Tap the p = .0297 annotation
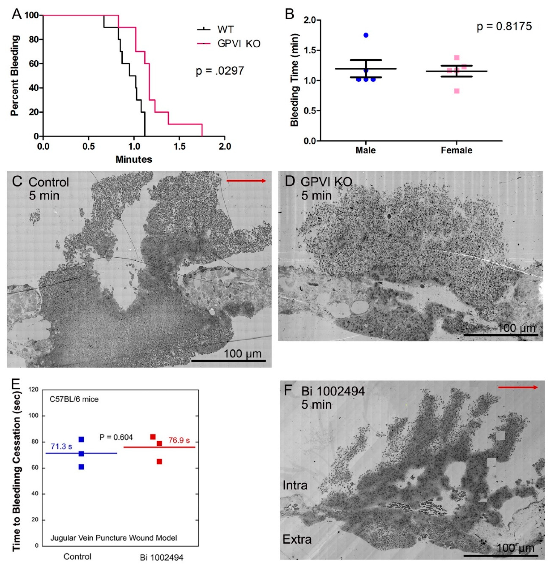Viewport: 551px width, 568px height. (x=220, y=71)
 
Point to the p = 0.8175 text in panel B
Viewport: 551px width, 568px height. (x=504, y=26)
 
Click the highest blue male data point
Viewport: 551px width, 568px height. (x=366, y=35)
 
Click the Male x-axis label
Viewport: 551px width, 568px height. (x=365, y=150)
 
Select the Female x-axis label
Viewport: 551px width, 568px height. (x=457, y=150)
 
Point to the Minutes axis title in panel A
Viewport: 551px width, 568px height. (x=134, y=159)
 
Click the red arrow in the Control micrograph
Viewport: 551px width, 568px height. (x=246, y=181)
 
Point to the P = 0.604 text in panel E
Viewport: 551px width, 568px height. (x=116, y=437)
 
